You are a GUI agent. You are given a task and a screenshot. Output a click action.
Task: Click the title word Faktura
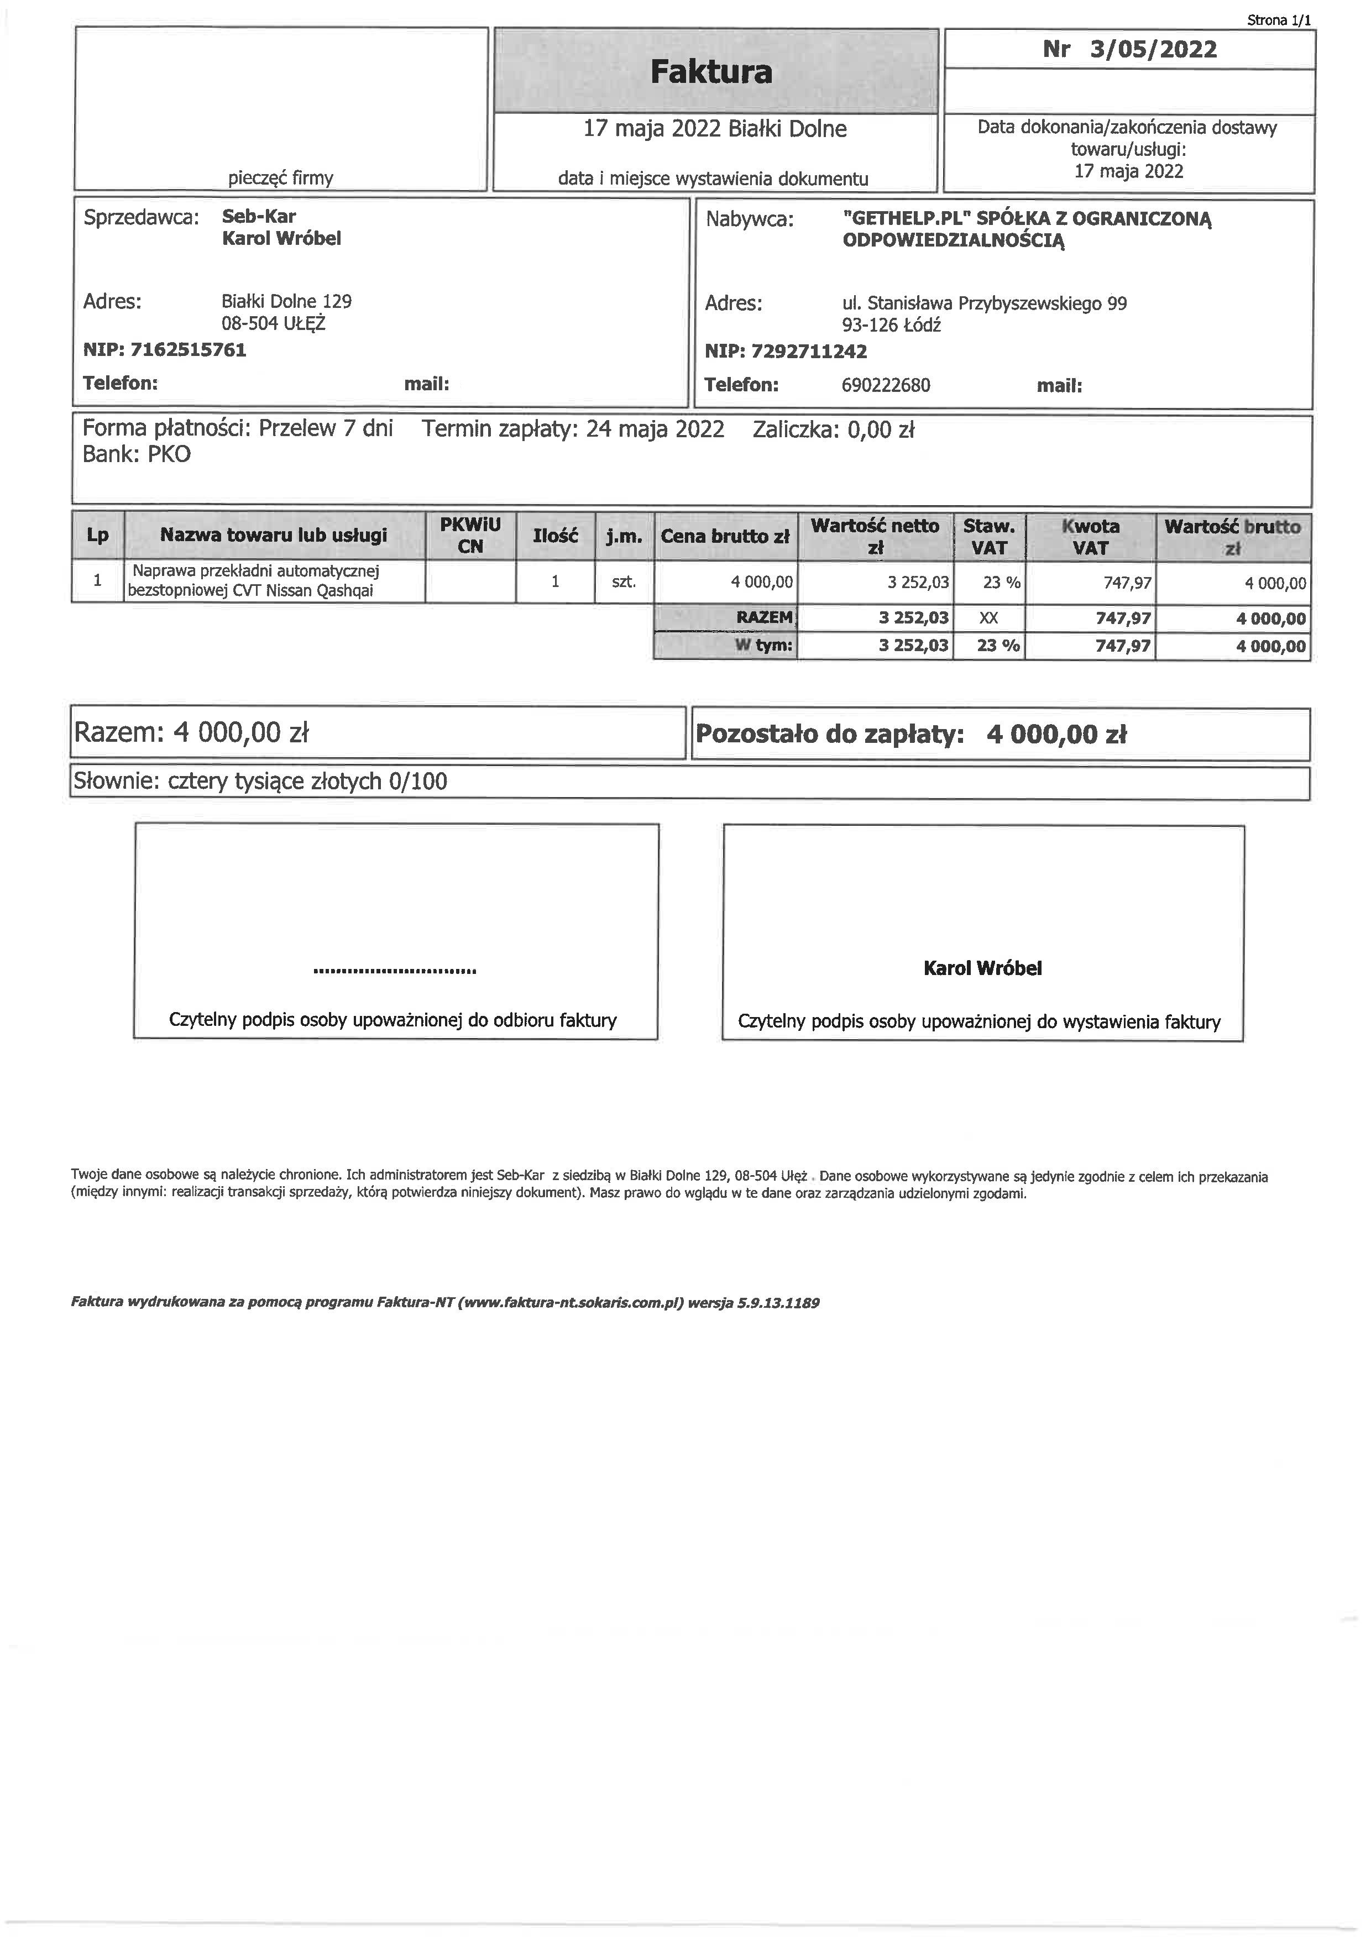coord(711,72)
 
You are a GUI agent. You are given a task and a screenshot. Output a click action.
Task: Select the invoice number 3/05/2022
coord(1153,49)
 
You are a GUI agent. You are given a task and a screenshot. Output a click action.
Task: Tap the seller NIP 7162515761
coord(189,350)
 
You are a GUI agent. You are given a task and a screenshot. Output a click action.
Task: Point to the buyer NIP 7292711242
coord(809,352)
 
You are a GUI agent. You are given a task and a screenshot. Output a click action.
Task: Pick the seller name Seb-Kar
coord(259,216)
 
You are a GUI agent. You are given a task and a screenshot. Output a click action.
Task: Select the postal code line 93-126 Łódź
coord(891,325)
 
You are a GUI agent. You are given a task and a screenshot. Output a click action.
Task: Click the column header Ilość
coord(555,536)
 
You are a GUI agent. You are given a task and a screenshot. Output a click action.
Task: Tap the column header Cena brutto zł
coord(725,536)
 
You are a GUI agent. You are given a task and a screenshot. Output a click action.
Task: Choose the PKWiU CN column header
coord(470,536)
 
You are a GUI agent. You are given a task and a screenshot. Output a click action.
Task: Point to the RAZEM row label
coord(765,617)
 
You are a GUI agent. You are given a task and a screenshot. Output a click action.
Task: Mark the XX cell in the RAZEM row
coord(988,618)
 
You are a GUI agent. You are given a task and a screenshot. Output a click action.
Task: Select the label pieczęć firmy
coord(280,178)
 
